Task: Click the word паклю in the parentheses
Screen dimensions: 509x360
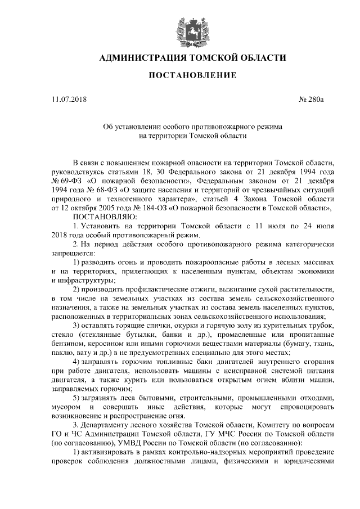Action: point(61,352)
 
